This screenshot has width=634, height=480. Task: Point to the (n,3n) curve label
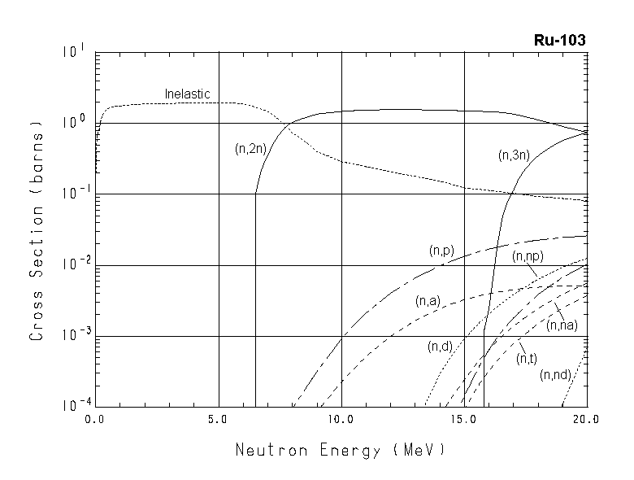[513, 155]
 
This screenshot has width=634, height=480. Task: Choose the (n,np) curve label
[528, 256]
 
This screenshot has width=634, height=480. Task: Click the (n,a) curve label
[428, 302]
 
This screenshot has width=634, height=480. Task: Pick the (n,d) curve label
[440, 347]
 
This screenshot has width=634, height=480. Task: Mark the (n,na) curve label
[562, 325]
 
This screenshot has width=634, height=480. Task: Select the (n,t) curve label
[527, 359]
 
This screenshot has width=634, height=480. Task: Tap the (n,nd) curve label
[554, 375]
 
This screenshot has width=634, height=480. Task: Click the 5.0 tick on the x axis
[219, 421]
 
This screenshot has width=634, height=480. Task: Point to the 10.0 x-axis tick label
[341, 421]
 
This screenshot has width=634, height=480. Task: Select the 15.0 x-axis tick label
[463, 421]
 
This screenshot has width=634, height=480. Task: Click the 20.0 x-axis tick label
[585, 421]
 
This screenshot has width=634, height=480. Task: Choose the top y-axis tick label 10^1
[74, 52]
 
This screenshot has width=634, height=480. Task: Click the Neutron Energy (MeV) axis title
[341, 450]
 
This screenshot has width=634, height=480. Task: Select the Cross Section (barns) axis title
[37, 229]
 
